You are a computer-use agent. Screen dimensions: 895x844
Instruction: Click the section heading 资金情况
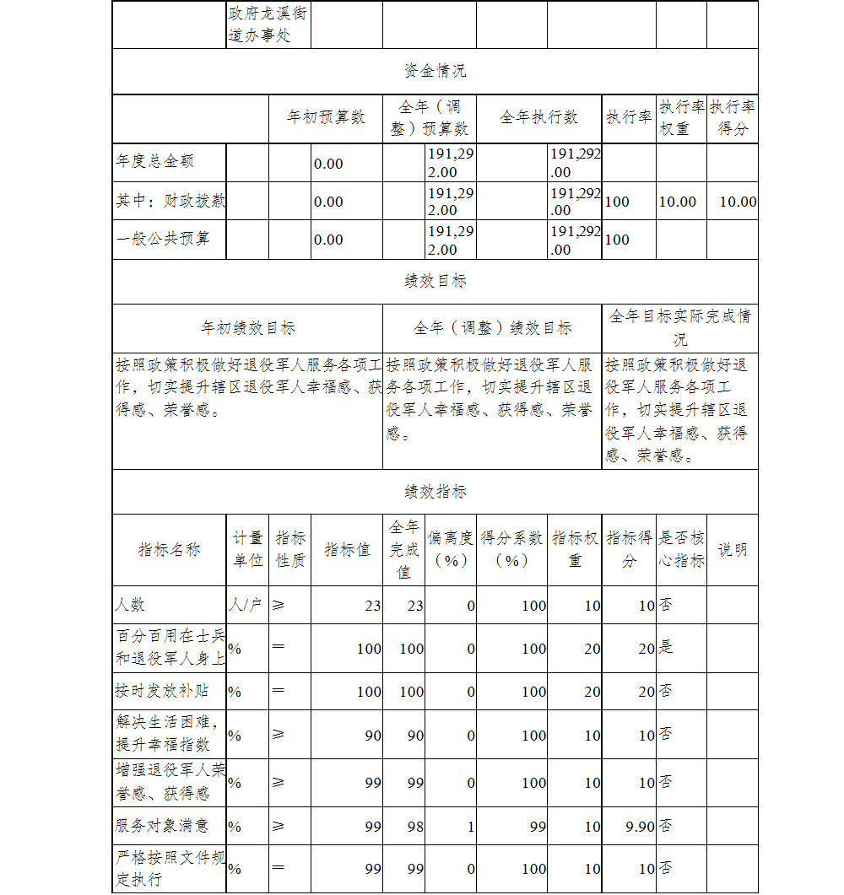coord(435,71)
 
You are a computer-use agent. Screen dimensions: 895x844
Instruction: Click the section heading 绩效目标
coord(435,281)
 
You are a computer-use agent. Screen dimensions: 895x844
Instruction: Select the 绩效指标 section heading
coord(435,491)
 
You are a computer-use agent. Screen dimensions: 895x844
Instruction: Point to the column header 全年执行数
coord(539,117)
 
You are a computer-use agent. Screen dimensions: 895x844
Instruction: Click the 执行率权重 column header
coord(681,118)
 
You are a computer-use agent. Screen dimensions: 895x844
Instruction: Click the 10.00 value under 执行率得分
coord(738,202)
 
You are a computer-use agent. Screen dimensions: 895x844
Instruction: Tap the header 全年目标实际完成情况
coord(680,327)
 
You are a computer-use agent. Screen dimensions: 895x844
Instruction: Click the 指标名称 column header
coord(170,550)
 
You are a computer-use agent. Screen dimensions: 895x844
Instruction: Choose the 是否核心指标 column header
coord(681,550)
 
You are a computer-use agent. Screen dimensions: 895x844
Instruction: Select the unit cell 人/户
coord(246,605)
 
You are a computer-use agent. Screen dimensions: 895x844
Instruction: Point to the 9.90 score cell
coord(640,827)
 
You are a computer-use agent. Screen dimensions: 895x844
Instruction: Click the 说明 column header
coord(732,550)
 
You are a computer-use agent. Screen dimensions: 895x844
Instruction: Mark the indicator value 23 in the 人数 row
coord(372,606)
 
